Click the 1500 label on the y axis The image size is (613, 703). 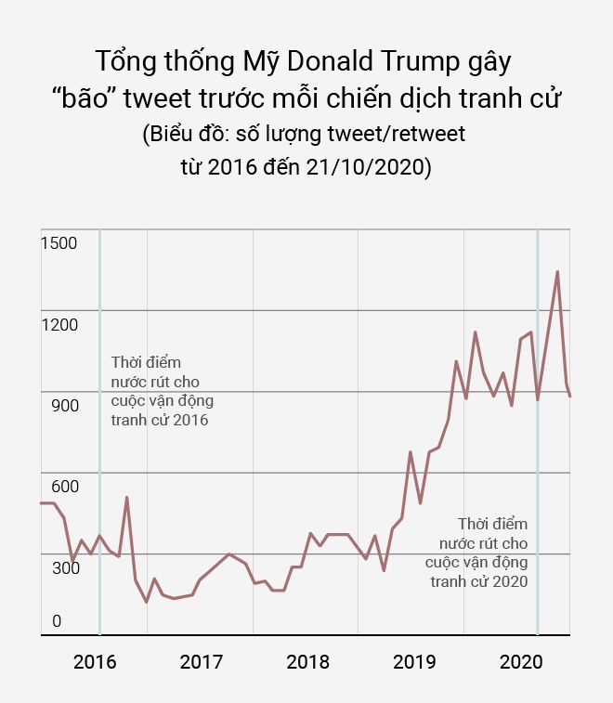59,242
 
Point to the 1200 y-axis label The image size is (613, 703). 59,324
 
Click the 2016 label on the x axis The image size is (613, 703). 95,662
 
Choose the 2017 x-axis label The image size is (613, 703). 202,662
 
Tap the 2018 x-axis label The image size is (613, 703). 308,662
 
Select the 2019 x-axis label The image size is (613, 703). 415,662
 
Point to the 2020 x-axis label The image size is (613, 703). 521,662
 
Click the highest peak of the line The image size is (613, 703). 557,272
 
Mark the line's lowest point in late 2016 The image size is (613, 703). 146,602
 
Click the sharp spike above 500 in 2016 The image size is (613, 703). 127,498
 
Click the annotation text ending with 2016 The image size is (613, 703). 159,391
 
